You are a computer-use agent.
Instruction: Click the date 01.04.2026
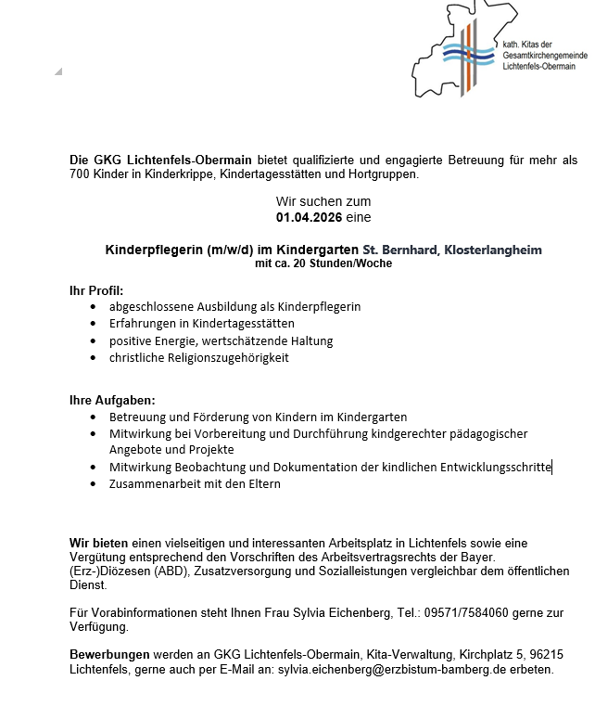[x=305, y=217]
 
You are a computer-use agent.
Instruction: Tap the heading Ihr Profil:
[x=96, y=290]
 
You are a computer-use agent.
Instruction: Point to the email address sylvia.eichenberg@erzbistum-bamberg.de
[x=415, y=669]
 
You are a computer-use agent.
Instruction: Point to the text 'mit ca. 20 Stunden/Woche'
[x=323, y=263]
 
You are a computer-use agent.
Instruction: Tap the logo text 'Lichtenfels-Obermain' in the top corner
[x=538, y=67]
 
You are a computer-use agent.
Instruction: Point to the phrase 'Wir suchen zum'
[x=323, y=201]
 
